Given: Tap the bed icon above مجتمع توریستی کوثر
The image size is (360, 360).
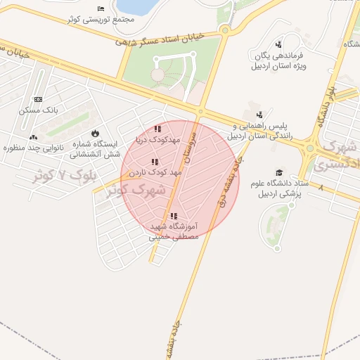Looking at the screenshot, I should point(101,8).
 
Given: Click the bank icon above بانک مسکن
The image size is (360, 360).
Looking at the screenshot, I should point(37,99).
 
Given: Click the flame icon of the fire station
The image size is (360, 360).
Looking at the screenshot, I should point(95,134).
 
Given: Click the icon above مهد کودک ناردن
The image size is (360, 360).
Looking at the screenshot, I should point(155,162).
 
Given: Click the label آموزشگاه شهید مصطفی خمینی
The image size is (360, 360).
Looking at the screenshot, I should point(173,232).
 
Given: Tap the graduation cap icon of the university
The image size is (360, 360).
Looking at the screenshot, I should point(279,172).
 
